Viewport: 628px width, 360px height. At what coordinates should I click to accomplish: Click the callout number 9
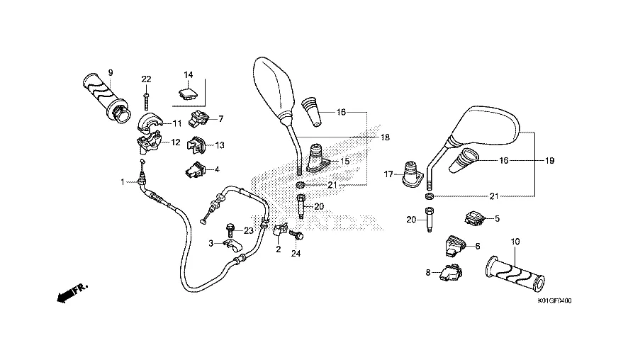point(111,72)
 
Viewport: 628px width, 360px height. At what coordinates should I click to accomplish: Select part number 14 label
point(189,75)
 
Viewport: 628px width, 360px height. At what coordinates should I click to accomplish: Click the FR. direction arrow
point(71,291)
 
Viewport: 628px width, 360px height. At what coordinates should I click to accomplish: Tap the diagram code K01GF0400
point(554,300)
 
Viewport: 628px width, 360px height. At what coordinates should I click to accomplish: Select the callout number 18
point(386,137)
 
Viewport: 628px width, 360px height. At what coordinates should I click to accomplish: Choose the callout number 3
point(211,243)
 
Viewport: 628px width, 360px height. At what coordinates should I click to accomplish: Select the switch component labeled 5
point(473,218)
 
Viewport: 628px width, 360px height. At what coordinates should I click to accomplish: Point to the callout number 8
point(428,272)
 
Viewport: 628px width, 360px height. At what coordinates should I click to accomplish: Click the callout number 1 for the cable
point(122,181)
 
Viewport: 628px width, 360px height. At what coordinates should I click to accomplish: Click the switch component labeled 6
point(454,244)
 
